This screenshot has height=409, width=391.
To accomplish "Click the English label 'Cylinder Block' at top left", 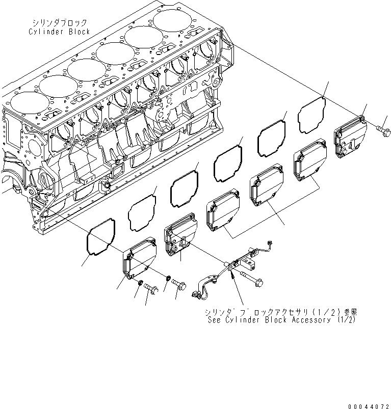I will coord(59,31).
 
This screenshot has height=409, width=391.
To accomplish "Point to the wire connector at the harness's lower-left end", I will coord(195,294).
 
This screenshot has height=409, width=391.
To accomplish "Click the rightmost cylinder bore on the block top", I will coord(176,22).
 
